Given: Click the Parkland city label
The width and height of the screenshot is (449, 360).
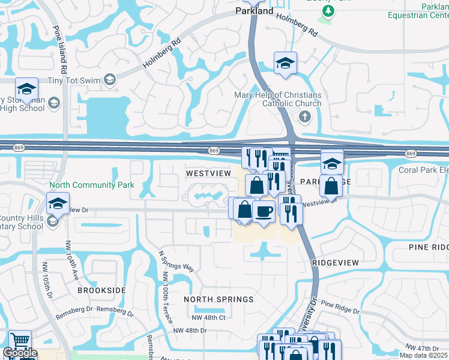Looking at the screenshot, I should point(254,11).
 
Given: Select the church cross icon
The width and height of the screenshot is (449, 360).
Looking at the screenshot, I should point(304,116).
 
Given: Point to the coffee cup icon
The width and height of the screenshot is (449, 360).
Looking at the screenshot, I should point(264,211).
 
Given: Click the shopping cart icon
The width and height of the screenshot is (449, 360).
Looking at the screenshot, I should point(20,341).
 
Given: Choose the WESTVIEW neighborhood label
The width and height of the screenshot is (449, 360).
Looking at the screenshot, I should point(208,173).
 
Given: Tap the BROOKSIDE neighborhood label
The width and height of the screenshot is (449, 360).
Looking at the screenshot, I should point(101,290).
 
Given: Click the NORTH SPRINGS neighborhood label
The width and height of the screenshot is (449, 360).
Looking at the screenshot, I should point(218,299).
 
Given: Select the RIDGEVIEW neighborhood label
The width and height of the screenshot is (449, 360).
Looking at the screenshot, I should point(335,263).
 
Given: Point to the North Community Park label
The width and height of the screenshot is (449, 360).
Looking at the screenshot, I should point(92,185).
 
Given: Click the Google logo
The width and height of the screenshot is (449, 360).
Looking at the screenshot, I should point(19,353).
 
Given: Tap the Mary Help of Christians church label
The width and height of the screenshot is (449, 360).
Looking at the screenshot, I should point(277,99).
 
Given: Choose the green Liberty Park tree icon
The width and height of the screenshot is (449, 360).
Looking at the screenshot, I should point(327,11).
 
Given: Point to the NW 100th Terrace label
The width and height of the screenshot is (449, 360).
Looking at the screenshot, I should point(165,296).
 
